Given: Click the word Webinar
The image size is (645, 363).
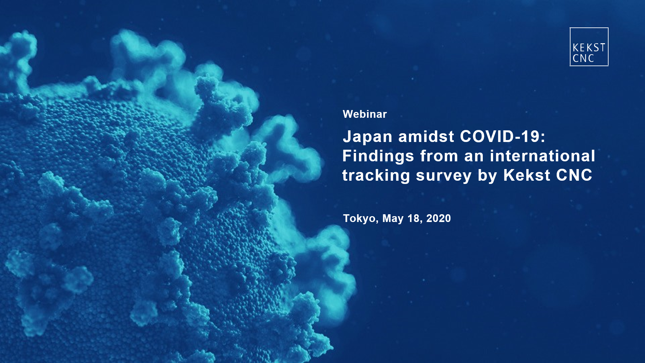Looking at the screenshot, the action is point(365,114).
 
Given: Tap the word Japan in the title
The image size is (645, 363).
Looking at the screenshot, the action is point(368,137).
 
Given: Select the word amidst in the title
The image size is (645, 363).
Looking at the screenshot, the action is point(426,136).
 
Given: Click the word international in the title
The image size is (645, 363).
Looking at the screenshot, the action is point(542,156).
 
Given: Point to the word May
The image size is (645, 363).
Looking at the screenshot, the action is point(393,219).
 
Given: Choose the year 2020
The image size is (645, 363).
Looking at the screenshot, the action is point(439,218).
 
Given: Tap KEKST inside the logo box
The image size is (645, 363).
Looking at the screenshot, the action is point(589,48).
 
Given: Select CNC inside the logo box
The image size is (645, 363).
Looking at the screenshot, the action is point(583,58).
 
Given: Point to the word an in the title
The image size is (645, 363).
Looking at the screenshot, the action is point(474,158).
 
